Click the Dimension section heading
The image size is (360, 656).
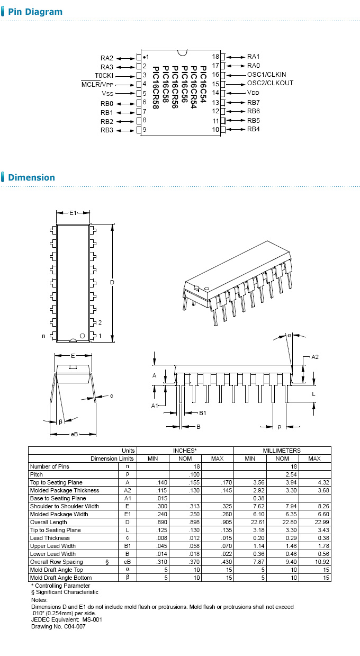tap(31, 177)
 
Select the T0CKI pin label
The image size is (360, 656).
tap(104, 75)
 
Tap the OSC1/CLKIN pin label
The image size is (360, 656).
tap(266, 75)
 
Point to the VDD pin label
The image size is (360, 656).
tap(253, 92)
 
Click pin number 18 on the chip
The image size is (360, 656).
tap(215, 57)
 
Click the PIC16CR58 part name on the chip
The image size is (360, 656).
tap(155, 87)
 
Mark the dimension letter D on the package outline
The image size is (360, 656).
tap(112, 283)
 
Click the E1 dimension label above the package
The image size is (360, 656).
tap(73, 213)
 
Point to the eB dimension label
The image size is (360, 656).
tap(74, 434)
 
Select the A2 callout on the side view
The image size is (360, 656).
tap(314, 357)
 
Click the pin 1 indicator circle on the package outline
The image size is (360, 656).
tap(82, 336)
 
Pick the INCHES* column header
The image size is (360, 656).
tap(185, 451)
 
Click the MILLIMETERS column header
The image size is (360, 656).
tap(282, 451)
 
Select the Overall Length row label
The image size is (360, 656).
tap(49, 522)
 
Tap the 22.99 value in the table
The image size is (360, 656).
tap(314, 522)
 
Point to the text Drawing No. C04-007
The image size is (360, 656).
tap(58, 626)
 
